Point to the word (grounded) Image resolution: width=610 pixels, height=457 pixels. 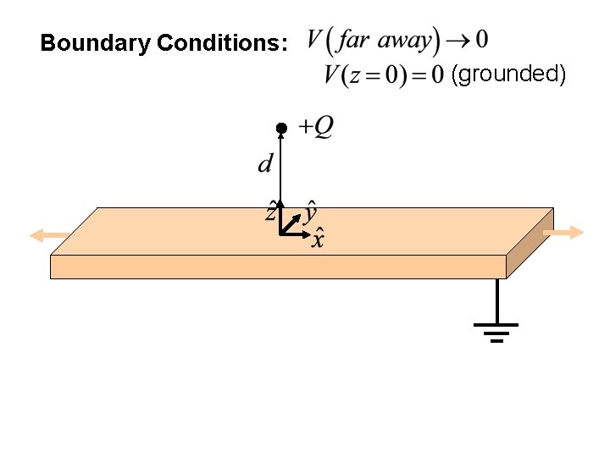[509, 74]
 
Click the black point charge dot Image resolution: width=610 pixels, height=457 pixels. [282, 128]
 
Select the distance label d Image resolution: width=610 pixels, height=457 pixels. [266, 162]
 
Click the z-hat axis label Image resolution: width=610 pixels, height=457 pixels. [271, 211]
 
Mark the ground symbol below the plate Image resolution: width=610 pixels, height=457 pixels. [496, 331]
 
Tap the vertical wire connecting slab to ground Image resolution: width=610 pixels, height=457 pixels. [496, 300]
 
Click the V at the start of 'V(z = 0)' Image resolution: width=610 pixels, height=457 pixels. [331, 74]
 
